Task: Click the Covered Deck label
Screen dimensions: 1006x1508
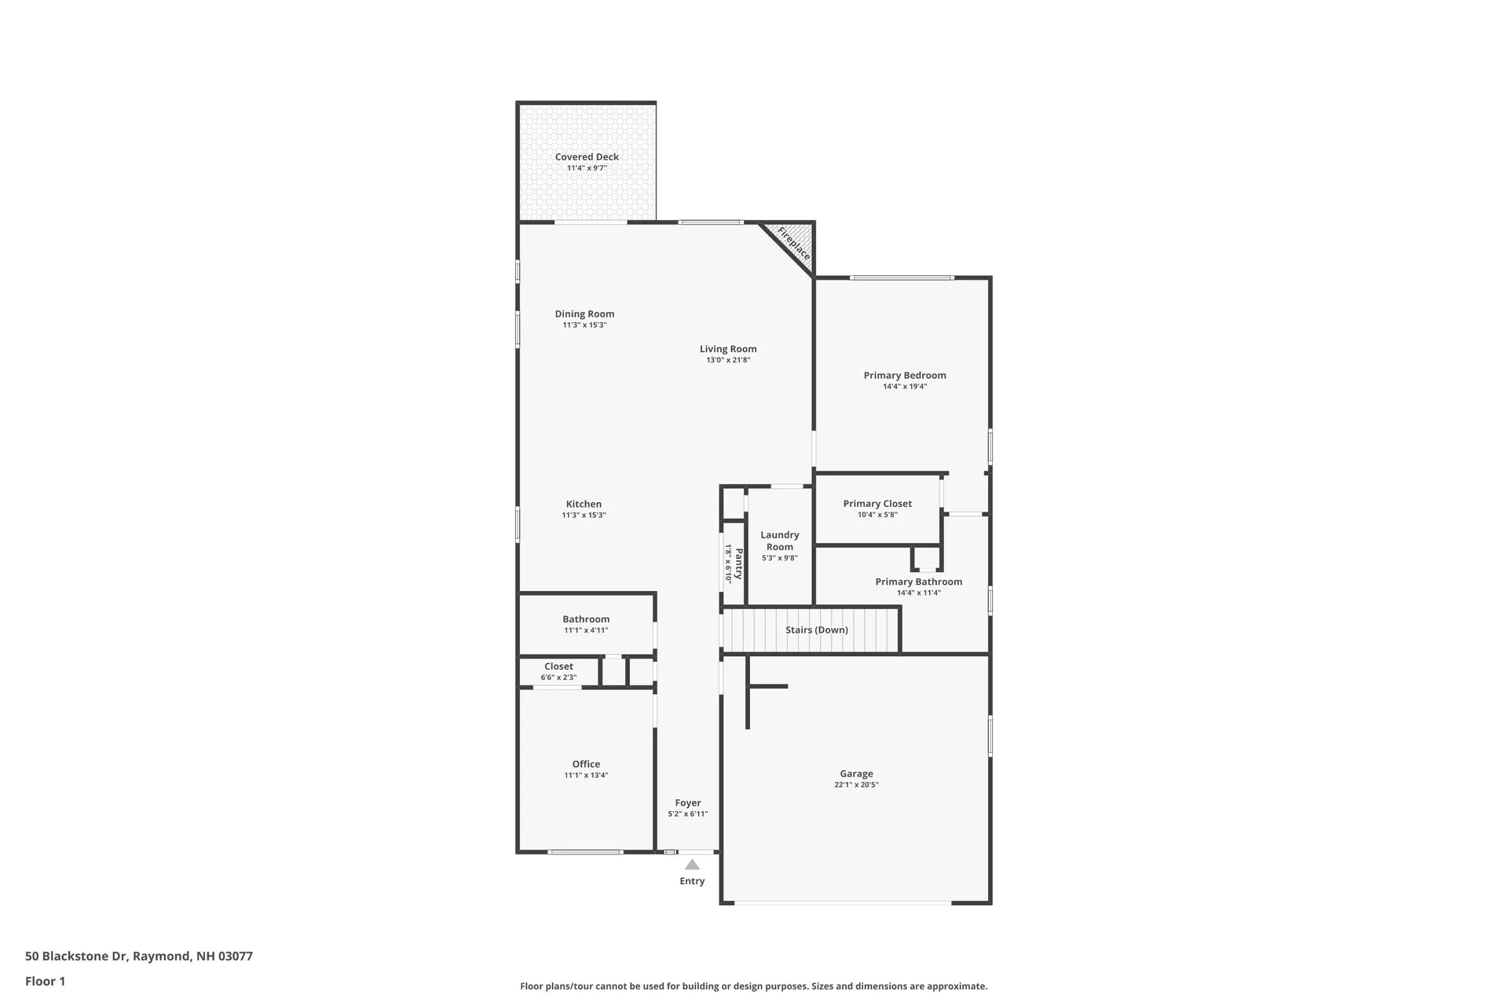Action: [x=587, y=157]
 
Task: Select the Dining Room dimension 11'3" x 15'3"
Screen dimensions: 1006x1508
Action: [x=584, y=325]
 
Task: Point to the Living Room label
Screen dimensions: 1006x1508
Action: [x=728, y=349]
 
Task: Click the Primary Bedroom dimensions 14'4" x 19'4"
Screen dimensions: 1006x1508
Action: [x=905, y=387]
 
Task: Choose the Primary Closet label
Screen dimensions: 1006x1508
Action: [x=877, y=504]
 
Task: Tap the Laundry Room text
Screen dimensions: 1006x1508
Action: [x=779, y=541]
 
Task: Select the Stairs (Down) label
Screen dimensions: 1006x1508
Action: [x=816, y=630]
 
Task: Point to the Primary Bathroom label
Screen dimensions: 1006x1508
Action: [x=918, y=582]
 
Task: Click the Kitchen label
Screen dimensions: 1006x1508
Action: [x=584, y=505]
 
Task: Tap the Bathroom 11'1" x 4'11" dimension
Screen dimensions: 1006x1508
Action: [x=586, y=630]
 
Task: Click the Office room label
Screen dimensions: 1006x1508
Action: [x=586, y=764]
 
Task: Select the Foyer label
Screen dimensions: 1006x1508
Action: [x=687, y=803]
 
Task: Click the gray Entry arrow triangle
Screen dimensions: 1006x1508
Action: [x=692, y=865]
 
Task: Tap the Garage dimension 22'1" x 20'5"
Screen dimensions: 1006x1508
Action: [x=856, y=785]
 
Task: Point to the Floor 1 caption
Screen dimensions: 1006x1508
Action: [x=45, y=981]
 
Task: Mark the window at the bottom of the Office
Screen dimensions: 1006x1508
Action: [x=585, y=852]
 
